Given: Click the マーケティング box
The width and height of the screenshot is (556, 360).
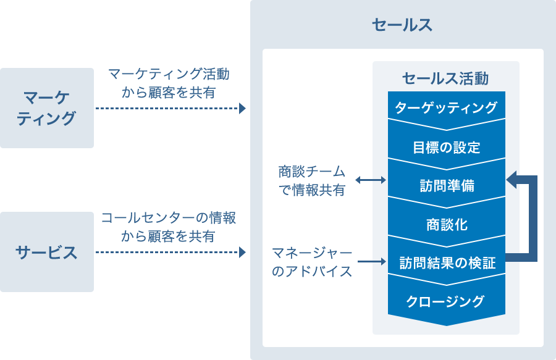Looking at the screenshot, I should [47, 108].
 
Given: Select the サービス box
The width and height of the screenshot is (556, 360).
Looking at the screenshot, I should [47, 252].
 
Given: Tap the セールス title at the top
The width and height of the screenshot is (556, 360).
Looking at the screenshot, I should [402, 25].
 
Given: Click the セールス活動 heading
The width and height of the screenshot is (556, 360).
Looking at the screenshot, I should [445, 78].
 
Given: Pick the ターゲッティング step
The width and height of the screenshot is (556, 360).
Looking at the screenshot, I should [446, 107].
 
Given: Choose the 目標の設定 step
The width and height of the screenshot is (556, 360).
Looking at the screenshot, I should [446, 148].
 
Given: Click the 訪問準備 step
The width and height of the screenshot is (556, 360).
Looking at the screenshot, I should [446, 186].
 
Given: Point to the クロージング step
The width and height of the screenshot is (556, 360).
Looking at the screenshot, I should [446, 302].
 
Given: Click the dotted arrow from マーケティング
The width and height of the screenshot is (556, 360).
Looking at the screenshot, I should [167, 109].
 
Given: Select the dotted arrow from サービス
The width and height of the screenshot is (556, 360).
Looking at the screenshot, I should [167, 252].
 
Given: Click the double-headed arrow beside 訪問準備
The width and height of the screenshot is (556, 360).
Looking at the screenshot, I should [371, 180].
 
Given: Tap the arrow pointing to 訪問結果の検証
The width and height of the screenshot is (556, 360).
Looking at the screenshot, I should [371, 262].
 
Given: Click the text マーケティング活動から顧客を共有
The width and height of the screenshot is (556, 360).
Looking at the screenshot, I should [168, 83].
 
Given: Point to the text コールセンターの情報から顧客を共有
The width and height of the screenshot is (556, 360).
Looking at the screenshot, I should [168, 227].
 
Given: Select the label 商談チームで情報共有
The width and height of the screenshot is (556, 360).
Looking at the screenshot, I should [311, 180].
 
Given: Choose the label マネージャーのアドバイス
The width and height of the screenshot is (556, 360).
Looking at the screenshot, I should [312, 262].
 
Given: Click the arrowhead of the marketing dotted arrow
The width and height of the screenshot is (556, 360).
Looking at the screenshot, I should [242, 109].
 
